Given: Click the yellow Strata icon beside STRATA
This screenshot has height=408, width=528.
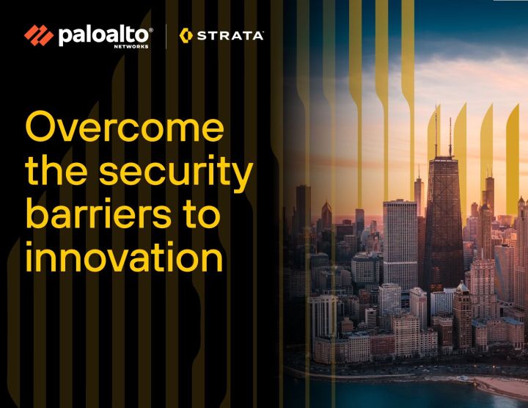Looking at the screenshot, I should (186, 35).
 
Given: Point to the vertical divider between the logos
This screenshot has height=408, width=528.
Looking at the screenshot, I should (166, 35).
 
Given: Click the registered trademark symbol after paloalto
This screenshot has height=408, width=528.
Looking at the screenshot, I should (151, 30).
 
